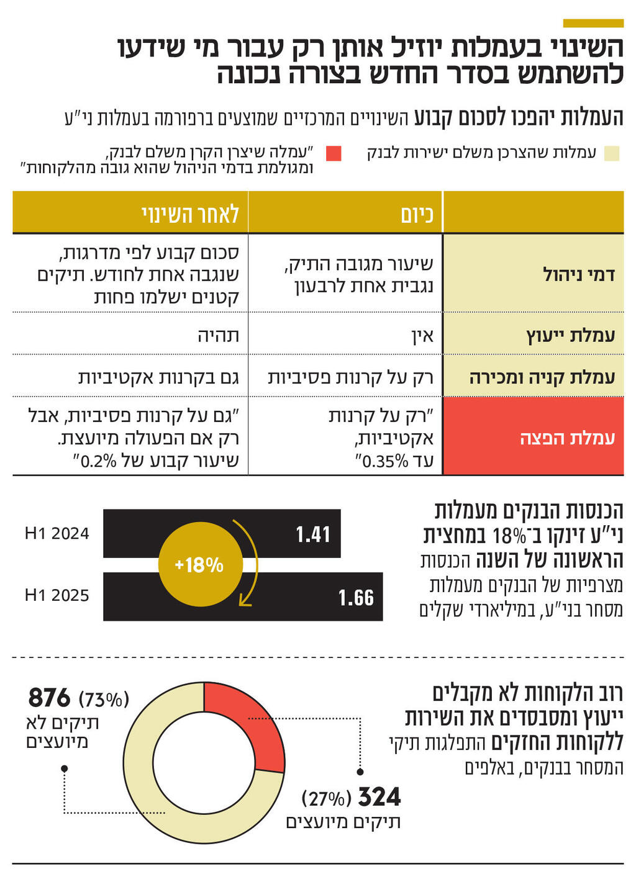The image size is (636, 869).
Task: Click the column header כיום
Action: coord(417,214)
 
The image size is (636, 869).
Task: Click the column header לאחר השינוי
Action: coord(190,214)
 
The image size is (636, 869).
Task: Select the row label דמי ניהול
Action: coord(578,274)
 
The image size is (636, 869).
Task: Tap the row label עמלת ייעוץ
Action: coord(570,335)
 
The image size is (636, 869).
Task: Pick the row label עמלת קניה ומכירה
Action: coord(542,377)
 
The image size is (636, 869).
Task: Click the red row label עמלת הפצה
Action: coord(567,438)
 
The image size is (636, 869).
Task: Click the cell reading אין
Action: coord(422,336)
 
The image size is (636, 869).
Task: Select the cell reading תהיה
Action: coord(218,336)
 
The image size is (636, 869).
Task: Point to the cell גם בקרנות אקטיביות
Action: coord(158,377)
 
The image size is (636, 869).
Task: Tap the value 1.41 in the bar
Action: coord(312,534)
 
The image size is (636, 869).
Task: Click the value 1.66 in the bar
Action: coord(356,598)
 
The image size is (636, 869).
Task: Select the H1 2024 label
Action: coord(57,534)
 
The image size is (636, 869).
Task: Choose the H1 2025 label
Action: coord(57,596)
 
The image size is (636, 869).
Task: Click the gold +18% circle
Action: coord(199,565)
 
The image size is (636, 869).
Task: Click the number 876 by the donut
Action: coord(50,698)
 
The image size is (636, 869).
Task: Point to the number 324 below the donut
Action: coord(379,797)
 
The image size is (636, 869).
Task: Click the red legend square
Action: coord(334,153)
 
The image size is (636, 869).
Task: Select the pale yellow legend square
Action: coord(612,153)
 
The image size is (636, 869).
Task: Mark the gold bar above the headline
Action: coord(593,23)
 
